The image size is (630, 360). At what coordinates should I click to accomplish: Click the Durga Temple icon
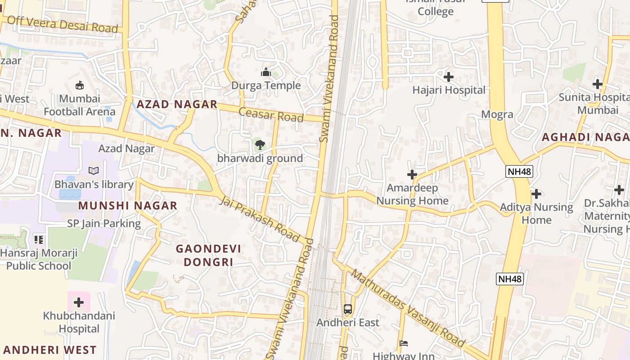[265, 72]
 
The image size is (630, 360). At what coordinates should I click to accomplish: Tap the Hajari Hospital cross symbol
[448, 77]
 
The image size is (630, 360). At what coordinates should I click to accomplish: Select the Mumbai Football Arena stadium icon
[80, 85]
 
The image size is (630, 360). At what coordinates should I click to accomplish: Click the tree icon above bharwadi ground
[260, 145]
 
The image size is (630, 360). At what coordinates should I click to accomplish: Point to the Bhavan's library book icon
[94, 171]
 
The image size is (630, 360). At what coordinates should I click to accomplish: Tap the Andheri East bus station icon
[347, 309]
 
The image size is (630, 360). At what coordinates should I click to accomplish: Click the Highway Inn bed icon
[404, 343]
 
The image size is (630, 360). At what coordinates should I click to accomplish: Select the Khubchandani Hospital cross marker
[79, 302]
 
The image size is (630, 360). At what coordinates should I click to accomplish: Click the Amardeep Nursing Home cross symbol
[412, 175]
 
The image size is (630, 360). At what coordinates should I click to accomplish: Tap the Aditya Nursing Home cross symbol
[536, 194]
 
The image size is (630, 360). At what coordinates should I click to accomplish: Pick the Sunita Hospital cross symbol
[597, 84]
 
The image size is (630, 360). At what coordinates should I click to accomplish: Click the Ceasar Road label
[271, 114]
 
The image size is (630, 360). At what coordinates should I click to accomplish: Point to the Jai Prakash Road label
[260, 218]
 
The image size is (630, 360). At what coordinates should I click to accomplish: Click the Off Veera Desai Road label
[63, 24]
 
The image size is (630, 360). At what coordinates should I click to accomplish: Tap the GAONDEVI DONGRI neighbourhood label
[208, 255]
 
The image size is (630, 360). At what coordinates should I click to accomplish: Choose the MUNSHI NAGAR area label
[128, 206]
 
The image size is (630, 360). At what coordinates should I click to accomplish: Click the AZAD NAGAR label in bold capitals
[177, 104]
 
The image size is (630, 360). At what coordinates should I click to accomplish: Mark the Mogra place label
[497, 114]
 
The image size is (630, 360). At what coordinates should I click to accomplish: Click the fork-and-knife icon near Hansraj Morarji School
[39, 239]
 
